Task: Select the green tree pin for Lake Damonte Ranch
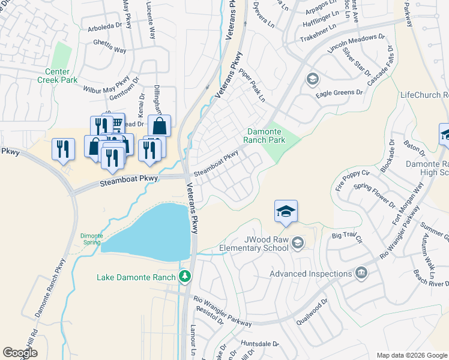point(186,277)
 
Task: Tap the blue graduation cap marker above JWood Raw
point(286,212)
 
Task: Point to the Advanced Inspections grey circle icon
point(360,274)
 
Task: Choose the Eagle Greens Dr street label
point(340,93)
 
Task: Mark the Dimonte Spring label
point(91,239)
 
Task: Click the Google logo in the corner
point(20,353)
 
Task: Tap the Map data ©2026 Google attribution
point(411,355)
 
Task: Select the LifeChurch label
point(424,95)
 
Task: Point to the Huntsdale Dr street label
point(260,344)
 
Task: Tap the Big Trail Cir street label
point(348,237)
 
